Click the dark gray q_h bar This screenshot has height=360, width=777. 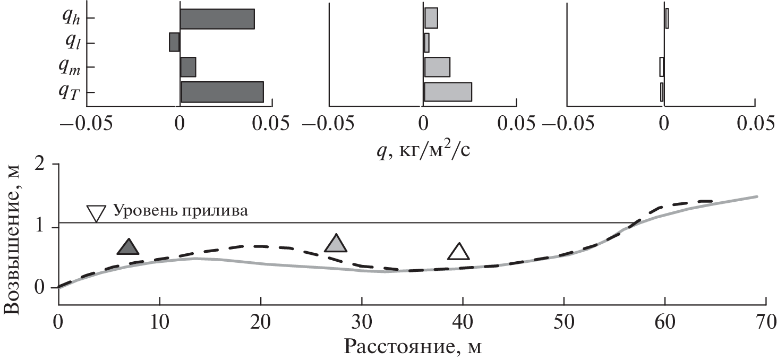point(217,19)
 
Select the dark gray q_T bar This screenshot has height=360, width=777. point(222,92)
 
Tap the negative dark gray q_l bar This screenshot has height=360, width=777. point(175,42)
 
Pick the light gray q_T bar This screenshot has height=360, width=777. point(448,92)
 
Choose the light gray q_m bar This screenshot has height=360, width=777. point(437,67)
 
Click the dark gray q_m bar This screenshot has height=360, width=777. point(188,67)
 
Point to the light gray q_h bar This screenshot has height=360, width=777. point(431,18)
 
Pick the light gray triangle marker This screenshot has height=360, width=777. point(336,243)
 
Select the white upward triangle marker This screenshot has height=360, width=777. point(459,252)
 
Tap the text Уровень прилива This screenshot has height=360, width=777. point(181,211)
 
